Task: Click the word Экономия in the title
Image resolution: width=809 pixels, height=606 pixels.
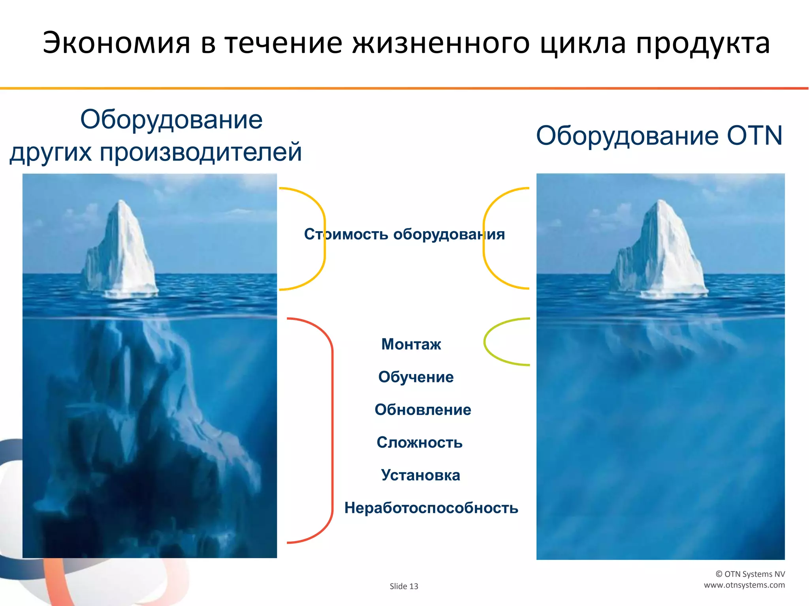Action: (x=117, y=43)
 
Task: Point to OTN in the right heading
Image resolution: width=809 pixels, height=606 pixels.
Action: (x=754, y=136)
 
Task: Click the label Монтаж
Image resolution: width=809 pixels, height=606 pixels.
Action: (x=411, y=344)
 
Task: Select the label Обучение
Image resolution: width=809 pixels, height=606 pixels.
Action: (x=416, y=377)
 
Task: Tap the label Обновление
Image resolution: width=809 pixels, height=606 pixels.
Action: (x=423, y=410)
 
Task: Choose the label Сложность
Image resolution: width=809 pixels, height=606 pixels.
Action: (x=419, y=443)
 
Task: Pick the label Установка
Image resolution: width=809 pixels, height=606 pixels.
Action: (x=420, y=475)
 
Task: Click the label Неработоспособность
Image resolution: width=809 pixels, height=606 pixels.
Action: (x=431, y=508)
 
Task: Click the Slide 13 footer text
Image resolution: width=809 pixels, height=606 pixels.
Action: (x=404, y=586)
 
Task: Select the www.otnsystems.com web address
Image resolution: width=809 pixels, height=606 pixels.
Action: (x=744, y=585)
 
